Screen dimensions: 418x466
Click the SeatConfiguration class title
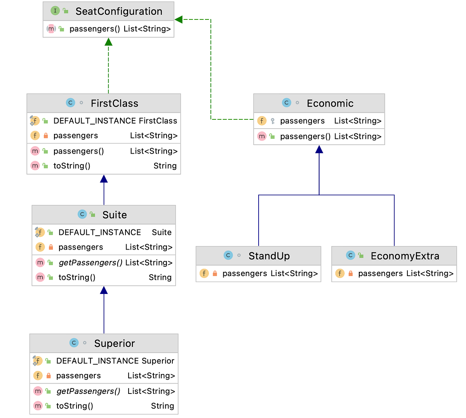119,11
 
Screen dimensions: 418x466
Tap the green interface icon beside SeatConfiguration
55,11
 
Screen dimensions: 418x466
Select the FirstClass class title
114,103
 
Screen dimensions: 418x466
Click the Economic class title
330,103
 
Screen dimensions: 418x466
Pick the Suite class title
115,215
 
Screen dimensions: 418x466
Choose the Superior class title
114,343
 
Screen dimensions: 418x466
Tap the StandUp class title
269,256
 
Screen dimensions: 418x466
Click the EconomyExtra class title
405,256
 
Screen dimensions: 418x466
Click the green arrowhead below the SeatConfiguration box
108,42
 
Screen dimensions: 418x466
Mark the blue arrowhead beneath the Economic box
319,149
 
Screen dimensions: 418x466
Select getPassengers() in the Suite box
90,263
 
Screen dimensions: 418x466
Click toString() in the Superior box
75,406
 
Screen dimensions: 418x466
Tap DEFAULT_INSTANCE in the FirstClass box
94,121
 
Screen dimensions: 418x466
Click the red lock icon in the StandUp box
215,273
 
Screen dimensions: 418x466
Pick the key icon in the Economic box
273,121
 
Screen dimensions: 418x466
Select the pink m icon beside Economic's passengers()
262,136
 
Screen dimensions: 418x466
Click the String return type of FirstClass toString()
165,166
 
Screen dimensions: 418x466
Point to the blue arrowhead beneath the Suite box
104,290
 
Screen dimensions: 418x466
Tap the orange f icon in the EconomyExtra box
340,273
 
